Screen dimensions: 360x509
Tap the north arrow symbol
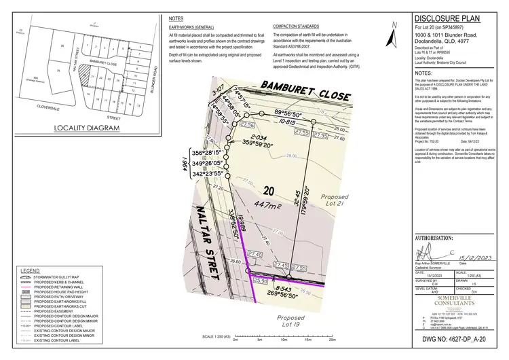point(394,28)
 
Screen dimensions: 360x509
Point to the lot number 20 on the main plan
point(269,192)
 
